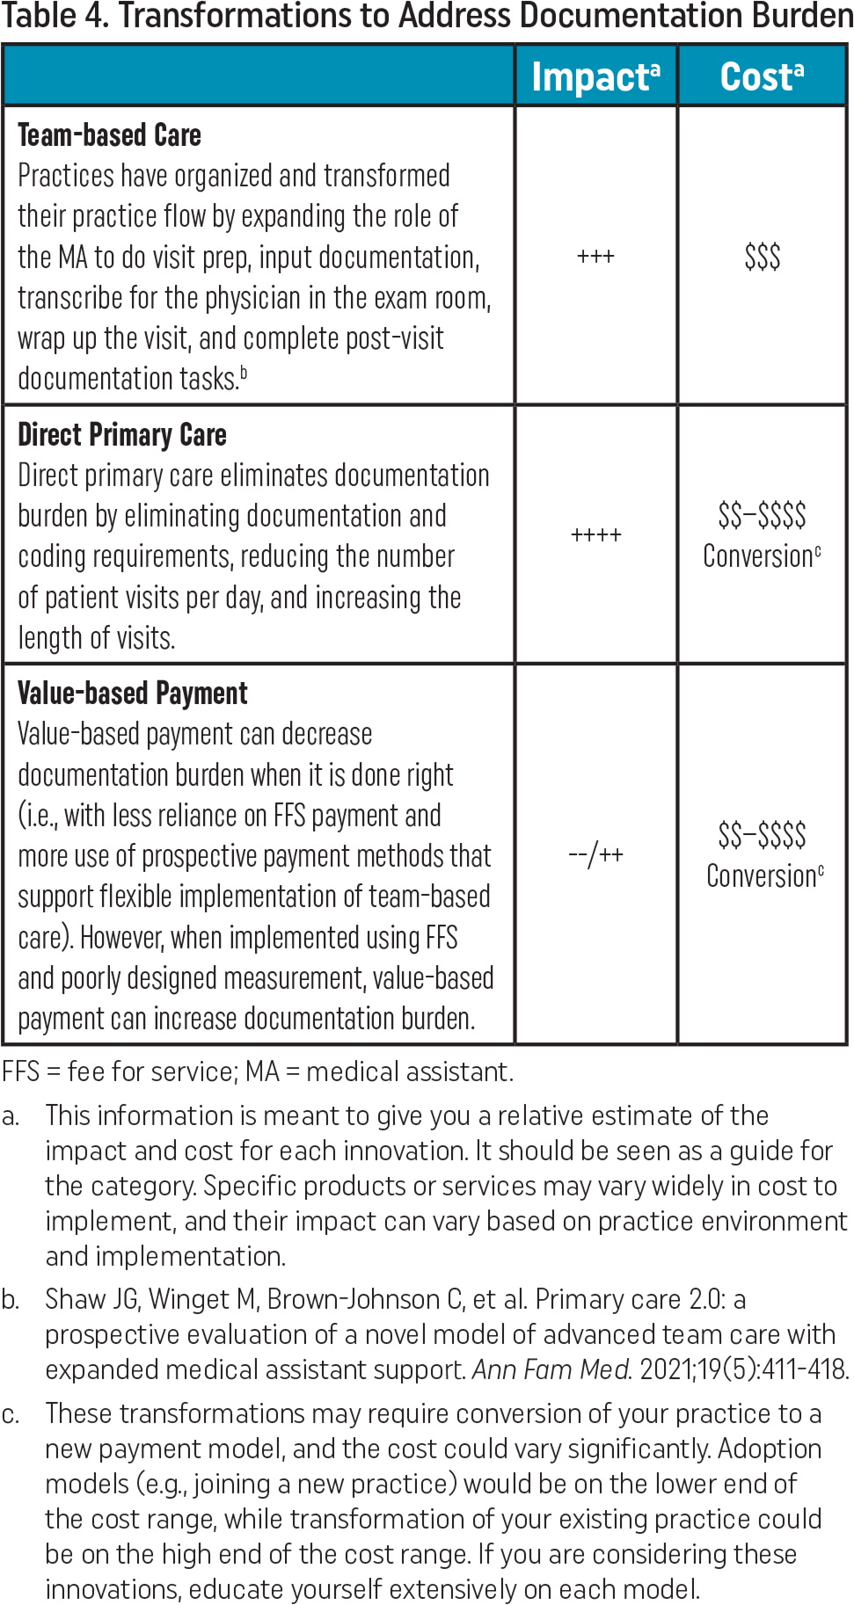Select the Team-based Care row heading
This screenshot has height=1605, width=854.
tap(110, 135)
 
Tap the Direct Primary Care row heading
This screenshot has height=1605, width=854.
tap(122, 434)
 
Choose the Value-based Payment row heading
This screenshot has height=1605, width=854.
tap(133, 694)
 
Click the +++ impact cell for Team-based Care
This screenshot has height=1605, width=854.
tap(595, 257)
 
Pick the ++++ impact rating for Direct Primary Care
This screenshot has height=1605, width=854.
tap(595, 534)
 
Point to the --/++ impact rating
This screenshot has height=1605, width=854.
tap(595, 854)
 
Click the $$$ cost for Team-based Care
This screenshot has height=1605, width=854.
tap(762, 257)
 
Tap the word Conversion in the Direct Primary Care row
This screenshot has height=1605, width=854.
tap(758, 556)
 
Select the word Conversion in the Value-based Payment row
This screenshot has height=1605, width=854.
tap(762, 876)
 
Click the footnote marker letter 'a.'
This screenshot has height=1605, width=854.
tap(11, 1116)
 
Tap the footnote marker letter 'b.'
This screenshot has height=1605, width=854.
tap(11, 1300)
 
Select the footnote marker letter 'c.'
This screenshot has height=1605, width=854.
tap(11, 1414)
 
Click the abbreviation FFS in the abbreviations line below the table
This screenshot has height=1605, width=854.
tap(21, 1071)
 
